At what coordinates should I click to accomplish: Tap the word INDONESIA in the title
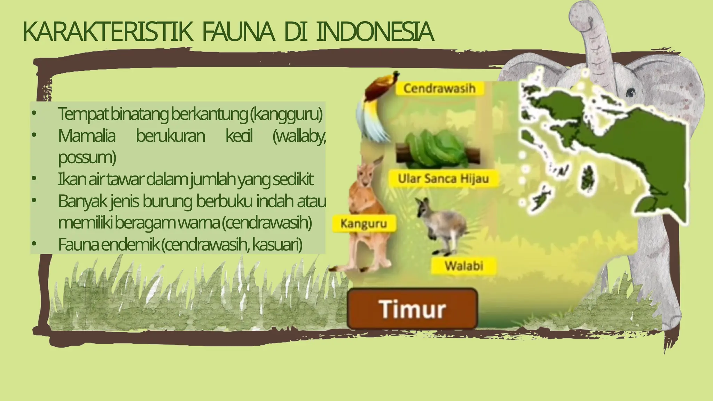[x=375, y=32]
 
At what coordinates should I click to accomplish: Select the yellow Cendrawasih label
[x=439, y=88]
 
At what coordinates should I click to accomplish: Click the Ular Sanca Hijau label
[x=443, y=179]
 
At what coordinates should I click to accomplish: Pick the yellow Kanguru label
[x=364, y=223]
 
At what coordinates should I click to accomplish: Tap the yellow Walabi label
[x=464, y=266]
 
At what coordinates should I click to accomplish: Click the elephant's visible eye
[x=630, y=93]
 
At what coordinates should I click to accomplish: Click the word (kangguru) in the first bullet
[x=286, y=114]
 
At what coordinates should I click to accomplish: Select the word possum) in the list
[x=87, y=157]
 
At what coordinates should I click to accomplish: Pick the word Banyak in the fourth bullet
[x=82, y=201]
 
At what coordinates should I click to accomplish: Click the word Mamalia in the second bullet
[x=86, y=136]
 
